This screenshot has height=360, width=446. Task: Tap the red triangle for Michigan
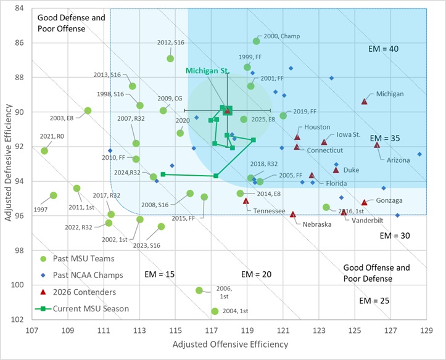pos(364,102)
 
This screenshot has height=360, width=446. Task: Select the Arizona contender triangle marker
pos(377,145)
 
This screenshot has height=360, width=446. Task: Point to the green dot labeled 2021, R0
pos(44,150)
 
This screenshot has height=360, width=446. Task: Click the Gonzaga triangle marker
pos(364,202)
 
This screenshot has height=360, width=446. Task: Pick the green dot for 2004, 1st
pos(215,311)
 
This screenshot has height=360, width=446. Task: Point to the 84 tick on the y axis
pos(20,9)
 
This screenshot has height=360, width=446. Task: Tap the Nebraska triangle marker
pos(293,215)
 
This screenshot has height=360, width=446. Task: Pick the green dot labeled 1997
pos(54,195)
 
